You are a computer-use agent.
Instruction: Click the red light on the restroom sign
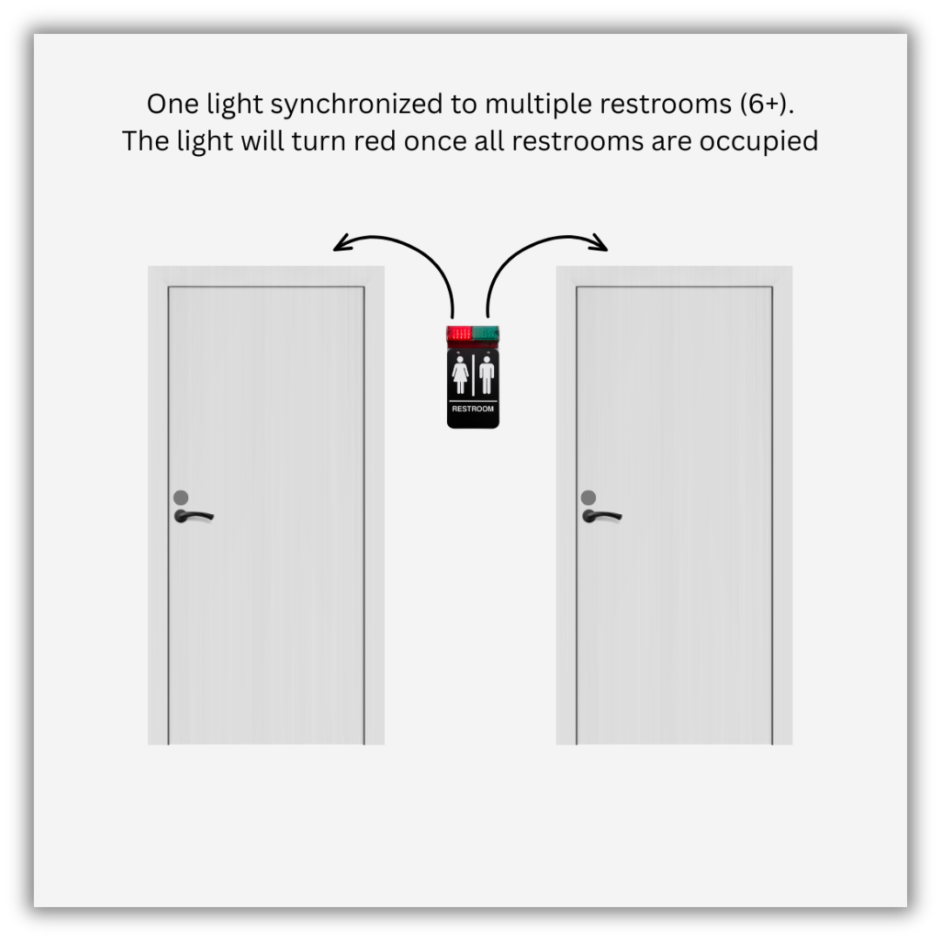(460, 334)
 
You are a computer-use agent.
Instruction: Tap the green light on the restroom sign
(485, 334)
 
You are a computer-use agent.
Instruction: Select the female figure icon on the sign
(460, 375)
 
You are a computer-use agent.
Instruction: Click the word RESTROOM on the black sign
(473, 409)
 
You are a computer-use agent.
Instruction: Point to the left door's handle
(193, 516)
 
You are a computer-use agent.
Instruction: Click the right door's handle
(601, 516)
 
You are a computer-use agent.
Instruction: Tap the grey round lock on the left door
(180, 498)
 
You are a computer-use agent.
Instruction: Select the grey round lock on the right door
(589, 498)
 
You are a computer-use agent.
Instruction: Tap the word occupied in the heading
(759, 143)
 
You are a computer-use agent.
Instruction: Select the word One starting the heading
(173, 104)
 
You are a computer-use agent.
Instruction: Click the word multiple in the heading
(538, 105)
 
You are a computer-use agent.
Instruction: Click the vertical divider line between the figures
(473, 375)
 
